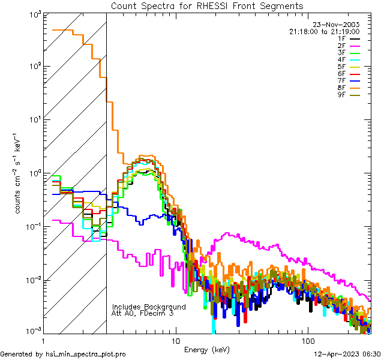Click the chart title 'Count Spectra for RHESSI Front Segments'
[x=207, y=6]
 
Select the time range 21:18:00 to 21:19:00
[x=324, y=31]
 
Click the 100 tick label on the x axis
[x=308, y=340]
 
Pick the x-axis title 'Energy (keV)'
[x=206, y=349]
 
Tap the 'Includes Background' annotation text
[x=149, y=307]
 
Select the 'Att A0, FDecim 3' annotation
[x=143, y=313]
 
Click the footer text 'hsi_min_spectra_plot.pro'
[x=86, y=354]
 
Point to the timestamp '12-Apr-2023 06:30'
[x=345, y=354]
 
